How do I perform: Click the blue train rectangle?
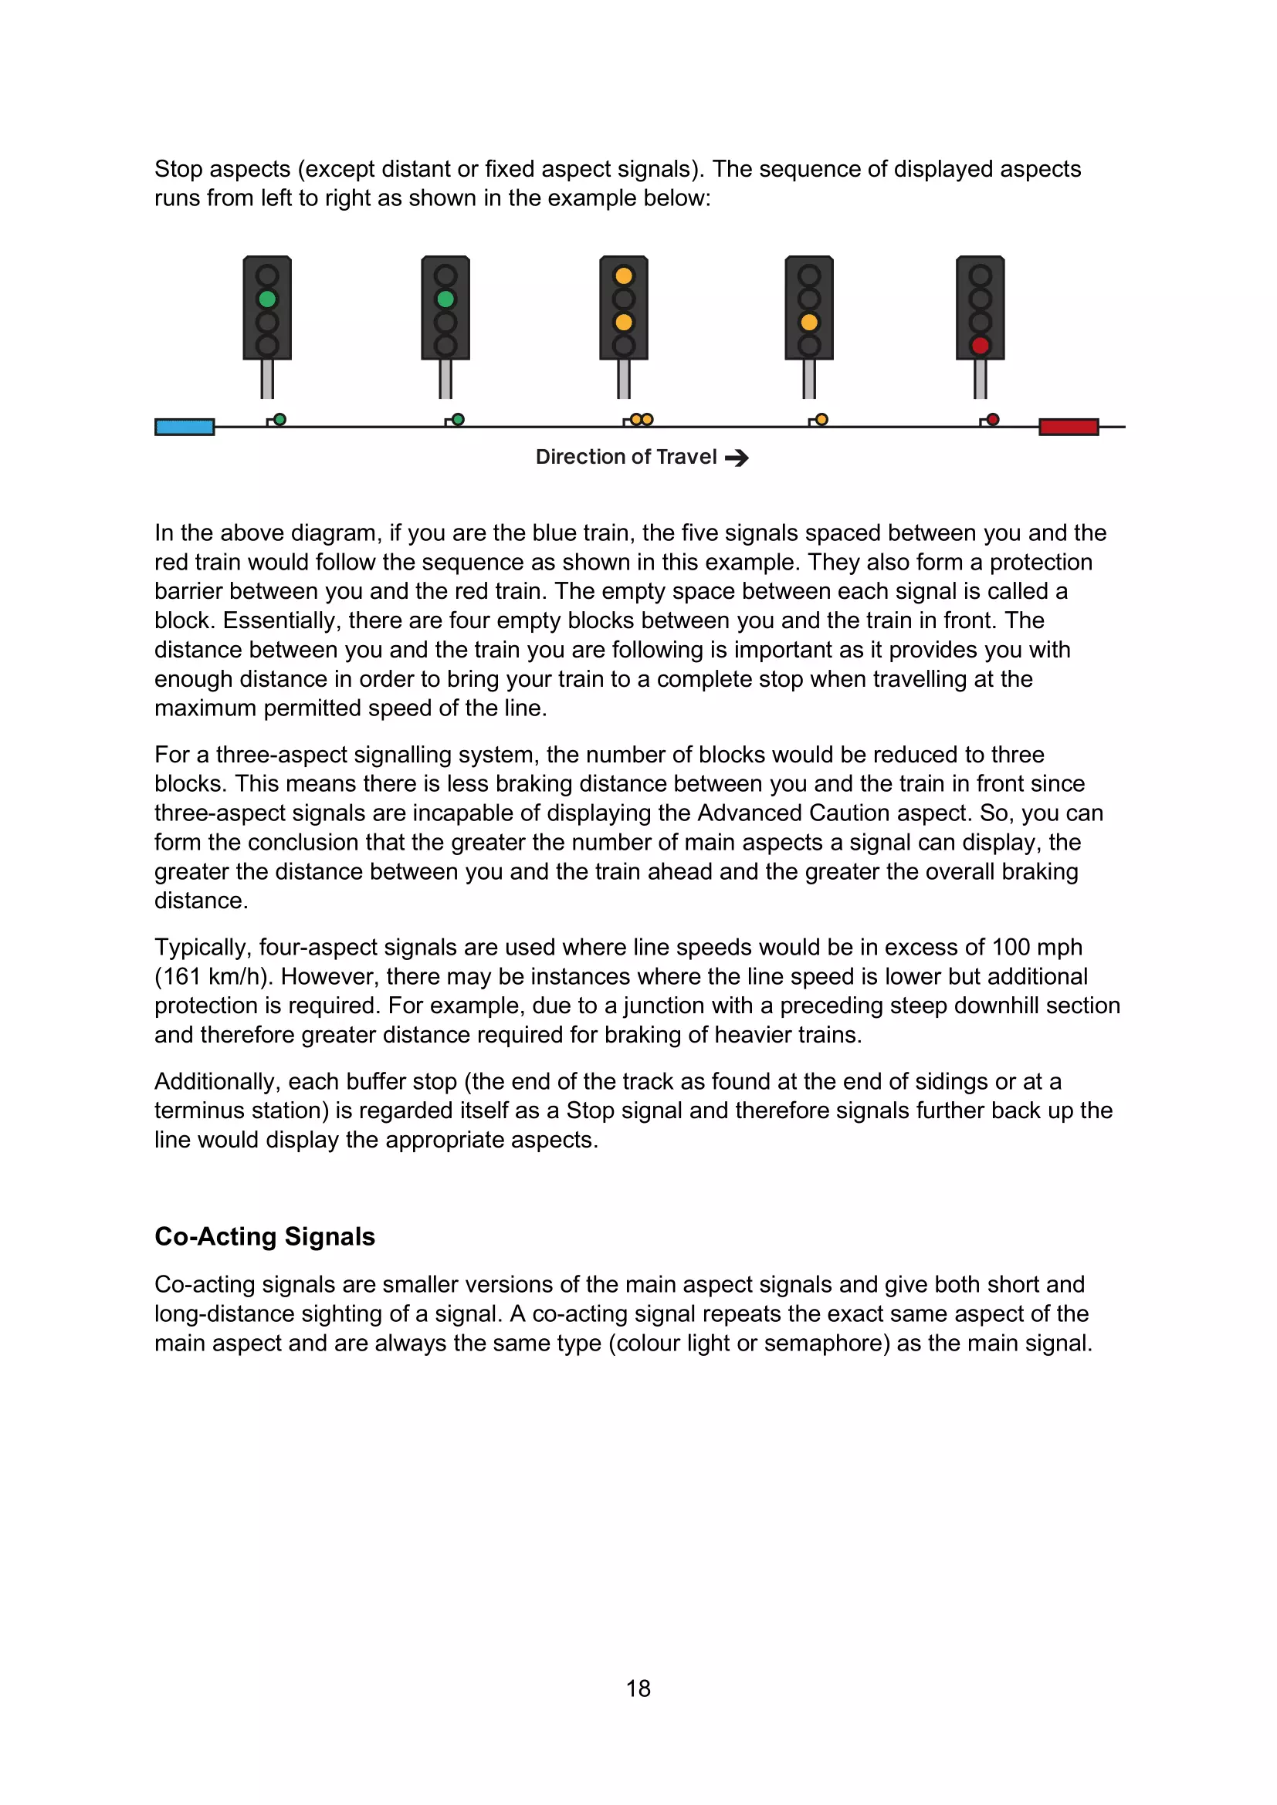click(x=185, y=427)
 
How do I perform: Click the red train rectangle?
click(x=1069, y=427)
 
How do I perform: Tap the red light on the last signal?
click(x=980, y=346)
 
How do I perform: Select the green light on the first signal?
click(x=267, y=299)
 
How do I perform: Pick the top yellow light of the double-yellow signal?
click(x=624, y=276)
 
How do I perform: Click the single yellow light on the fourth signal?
click(x=809, y=323)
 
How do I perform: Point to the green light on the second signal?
click(x=445, y=299)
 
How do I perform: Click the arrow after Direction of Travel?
click(x=737, y=458)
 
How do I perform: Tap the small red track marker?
click(x=993, y=420)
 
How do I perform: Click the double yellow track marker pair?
click(x=642, y=420)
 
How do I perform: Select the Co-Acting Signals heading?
click(x=265, y=1236)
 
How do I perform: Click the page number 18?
click(x=638, y=1688)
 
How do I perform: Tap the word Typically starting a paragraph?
click(x=203, y=948)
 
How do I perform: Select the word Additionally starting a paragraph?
click(x=218, y=1082)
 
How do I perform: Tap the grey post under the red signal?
click(x=980, y=380)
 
